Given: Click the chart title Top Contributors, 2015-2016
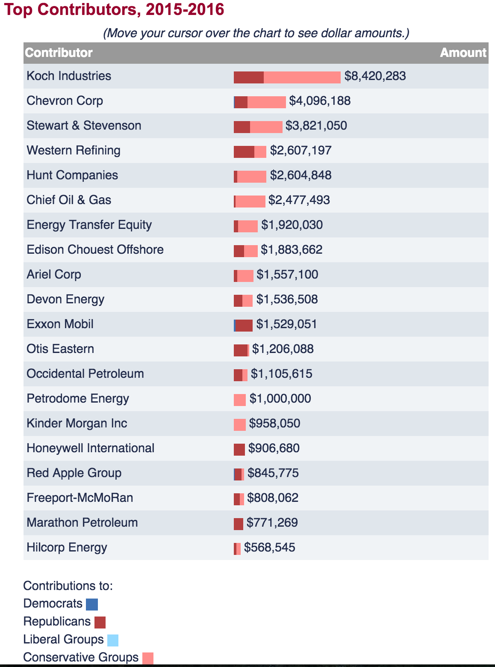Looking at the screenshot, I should coord(114,9).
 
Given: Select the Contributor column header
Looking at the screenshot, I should coord(59,53).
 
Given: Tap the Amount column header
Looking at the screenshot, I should coord(463,53).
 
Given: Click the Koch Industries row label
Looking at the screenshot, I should coord(69,76).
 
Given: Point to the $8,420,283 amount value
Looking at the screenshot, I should coord(375,76).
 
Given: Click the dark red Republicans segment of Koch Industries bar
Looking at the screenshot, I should coord(249,77).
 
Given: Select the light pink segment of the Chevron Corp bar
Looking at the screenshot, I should coord(266,102).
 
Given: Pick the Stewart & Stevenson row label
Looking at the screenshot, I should coord(84,126).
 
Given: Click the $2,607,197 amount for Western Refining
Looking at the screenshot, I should coord(301,151).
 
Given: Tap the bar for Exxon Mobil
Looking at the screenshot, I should coord(243,326).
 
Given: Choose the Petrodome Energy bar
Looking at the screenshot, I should coord(240,400).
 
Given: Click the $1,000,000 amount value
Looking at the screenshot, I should coord(280,399).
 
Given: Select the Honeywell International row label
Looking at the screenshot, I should coord(90,448).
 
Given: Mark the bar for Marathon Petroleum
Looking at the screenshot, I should coord(239,524).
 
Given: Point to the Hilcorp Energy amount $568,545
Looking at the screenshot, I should coord(269,548).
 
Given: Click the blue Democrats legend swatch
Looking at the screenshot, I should coord(92,605).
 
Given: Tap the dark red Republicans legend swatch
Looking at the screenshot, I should coord(100,623).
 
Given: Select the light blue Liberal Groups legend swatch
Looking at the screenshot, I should coord(113,640).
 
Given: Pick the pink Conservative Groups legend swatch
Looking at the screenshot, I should coord(148,658).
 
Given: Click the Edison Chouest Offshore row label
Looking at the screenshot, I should coord(95,250).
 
